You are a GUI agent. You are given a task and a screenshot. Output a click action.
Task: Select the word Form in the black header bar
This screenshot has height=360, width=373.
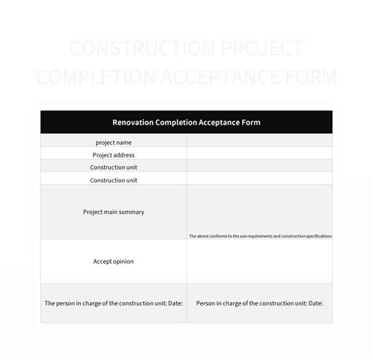pos(251,123)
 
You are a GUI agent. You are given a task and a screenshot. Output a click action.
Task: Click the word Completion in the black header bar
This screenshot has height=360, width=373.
pos(173,123)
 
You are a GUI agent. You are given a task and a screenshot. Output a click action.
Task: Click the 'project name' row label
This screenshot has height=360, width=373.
pos(113,142)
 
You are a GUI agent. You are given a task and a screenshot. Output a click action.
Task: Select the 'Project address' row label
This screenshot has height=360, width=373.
pos(113,154)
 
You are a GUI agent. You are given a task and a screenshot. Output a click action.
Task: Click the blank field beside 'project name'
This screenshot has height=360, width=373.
pos(259,142)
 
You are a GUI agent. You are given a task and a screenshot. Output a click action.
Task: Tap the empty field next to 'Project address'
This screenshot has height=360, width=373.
pos(259,154)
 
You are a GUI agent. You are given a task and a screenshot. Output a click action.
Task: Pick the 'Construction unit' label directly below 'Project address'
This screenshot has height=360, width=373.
pos(113,167)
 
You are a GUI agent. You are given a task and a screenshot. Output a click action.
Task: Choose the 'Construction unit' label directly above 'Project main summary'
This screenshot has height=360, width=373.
pos(113,180)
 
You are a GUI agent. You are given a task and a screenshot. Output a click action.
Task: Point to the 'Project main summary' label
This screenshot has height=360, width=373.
pos(113,212)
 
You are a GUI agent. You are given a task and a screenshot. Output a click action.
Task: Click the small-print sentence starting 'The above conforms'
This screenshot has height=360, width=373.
pos(260,236)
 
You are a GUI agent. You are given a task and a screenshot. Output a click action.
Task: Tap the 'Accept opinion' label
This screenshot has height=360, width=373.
pos(113,261)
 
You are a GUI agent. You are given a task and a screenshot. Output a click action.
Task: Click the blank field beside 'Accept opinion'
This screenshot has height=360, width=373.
pos(259,261)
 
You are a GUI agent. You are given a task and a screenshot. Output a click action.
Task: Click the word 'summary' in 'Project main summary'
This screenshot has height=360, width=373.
pos(131,212)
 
